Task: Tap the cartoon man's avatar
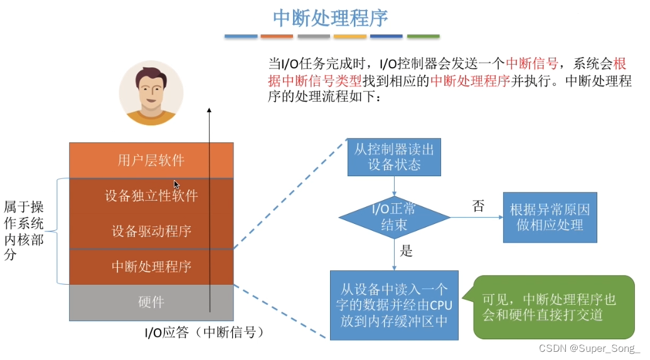(x=151, y=93)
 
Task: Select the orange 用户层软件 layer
(x=151, y=160)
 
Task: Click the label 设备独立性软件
(x=151, y=196)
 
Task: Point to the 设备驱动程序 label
(x=151, y=231)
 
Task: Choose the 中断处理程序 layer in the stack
(x=151, y=267)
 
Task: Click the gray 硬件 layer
(x=151, y=302)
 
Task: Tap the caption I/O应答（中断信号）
(x=200, y=332)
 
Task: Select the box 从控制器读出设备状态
(x=394, y=157)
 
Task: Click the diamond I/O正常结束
(x=394, y=217)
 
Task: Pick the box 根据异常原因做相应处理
(x=550, y=217)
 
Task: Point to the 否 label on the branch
(x=478, y=206)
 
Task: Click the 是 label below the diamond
(x=407, y=251)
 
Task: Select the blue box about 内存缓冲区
(x=394, y=305)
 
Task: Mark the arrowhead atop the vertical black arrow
(x=209, y=110)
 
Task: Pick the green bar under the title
(x=423, y=36)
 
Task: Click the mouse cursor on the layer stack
(x=176, y=184)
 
